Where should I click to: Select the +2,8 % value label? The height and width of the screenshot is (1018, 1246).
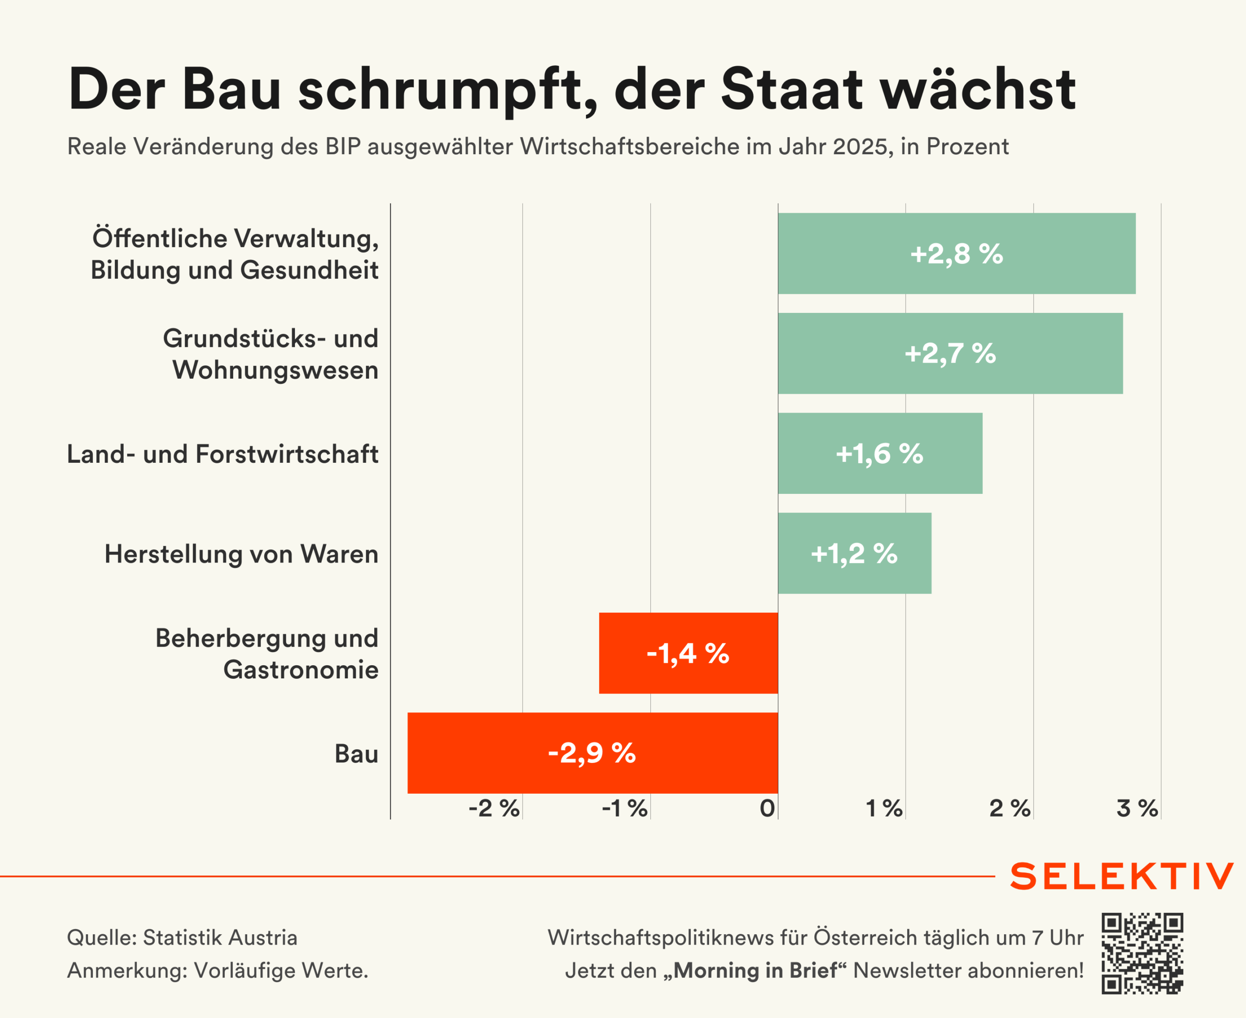point(956,254)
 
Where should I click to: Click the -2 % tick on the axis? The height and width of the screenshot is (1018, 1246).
point(494,809)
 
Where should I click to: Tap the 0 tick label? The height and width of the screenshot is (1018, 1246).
point(767,809)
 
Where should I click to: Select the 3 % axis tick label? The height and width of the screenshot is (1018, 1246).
point(1137,809)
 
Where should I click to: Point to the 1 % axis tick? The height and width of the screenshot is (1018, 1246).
point(884,809)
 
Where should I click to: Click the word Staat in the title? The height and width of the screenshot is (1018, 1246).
point(791,89)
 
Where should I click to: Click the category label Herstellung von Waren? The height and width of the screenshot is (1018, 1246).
point(241,554)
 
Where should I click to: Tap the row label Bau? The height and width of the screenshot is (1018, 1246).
point(356,754)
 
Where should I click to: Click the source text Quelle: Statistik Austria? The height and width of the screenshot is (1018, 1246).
point(182,938)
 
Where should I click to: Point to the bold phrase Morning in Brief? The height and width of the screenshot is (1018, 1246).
point(755,970)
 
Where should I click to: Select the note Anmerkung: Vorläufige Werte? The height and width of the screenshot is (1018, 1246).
point(218,970)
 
